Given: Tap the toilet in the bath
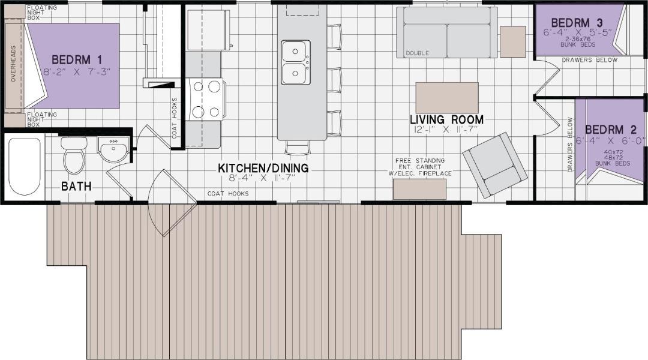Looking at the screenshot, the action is (74, 155).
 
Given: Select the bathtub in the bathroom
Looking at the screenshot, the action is (25, 167).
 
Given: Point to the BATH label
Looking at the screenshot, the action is (76, 187).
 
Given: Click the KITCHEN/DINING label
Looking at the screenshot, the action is (263, 168).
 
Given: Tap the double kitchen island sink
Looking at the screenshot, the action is (296, 63).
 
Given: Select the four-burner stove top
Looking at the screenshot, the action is (205, 99).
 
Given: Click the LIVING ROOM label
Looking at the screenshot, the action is (447, 119).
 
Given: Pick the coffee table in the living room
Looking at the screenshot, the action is (447, 98).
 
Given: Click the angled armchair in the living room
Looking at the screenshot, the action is (494, 165).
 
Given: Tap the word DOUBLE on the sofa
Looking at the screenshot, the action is (418, 53).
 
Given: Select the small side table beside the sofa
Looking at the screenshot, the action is (513, 41).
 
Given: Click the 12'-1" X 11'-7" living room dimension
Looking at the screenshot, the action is (446, 130).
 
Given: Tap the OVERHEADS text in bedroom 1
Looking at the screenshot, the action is (14, 63).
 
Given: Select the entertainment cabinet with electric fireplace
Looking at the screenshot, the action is (419, 189).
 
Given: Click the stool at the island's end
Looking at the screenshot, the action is (298, 148).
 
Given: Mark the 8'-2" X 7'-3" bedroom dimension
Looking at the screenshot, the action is (77, 72).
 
